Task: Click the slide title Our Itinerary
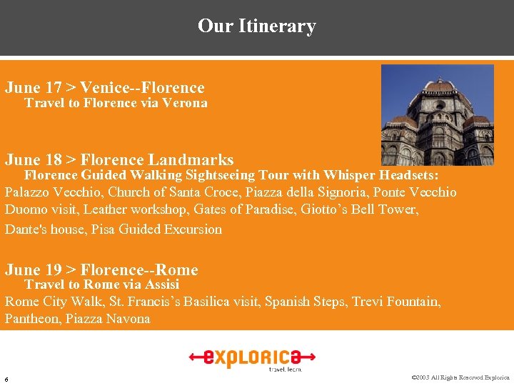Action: click(x=257, y=26)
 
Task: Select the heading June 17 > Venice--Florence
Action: click(x=105, y=88)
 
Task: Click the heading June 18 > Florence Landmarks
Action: click(x=119, y=160)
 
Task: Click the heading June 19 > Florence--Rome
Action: click(x=101, y=270)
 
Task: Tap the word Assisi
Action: click(x=162, y=284)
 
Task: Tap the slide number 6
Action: click(x=6, y=378)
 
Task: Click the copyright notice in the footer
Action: click(x=460, y=377)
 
